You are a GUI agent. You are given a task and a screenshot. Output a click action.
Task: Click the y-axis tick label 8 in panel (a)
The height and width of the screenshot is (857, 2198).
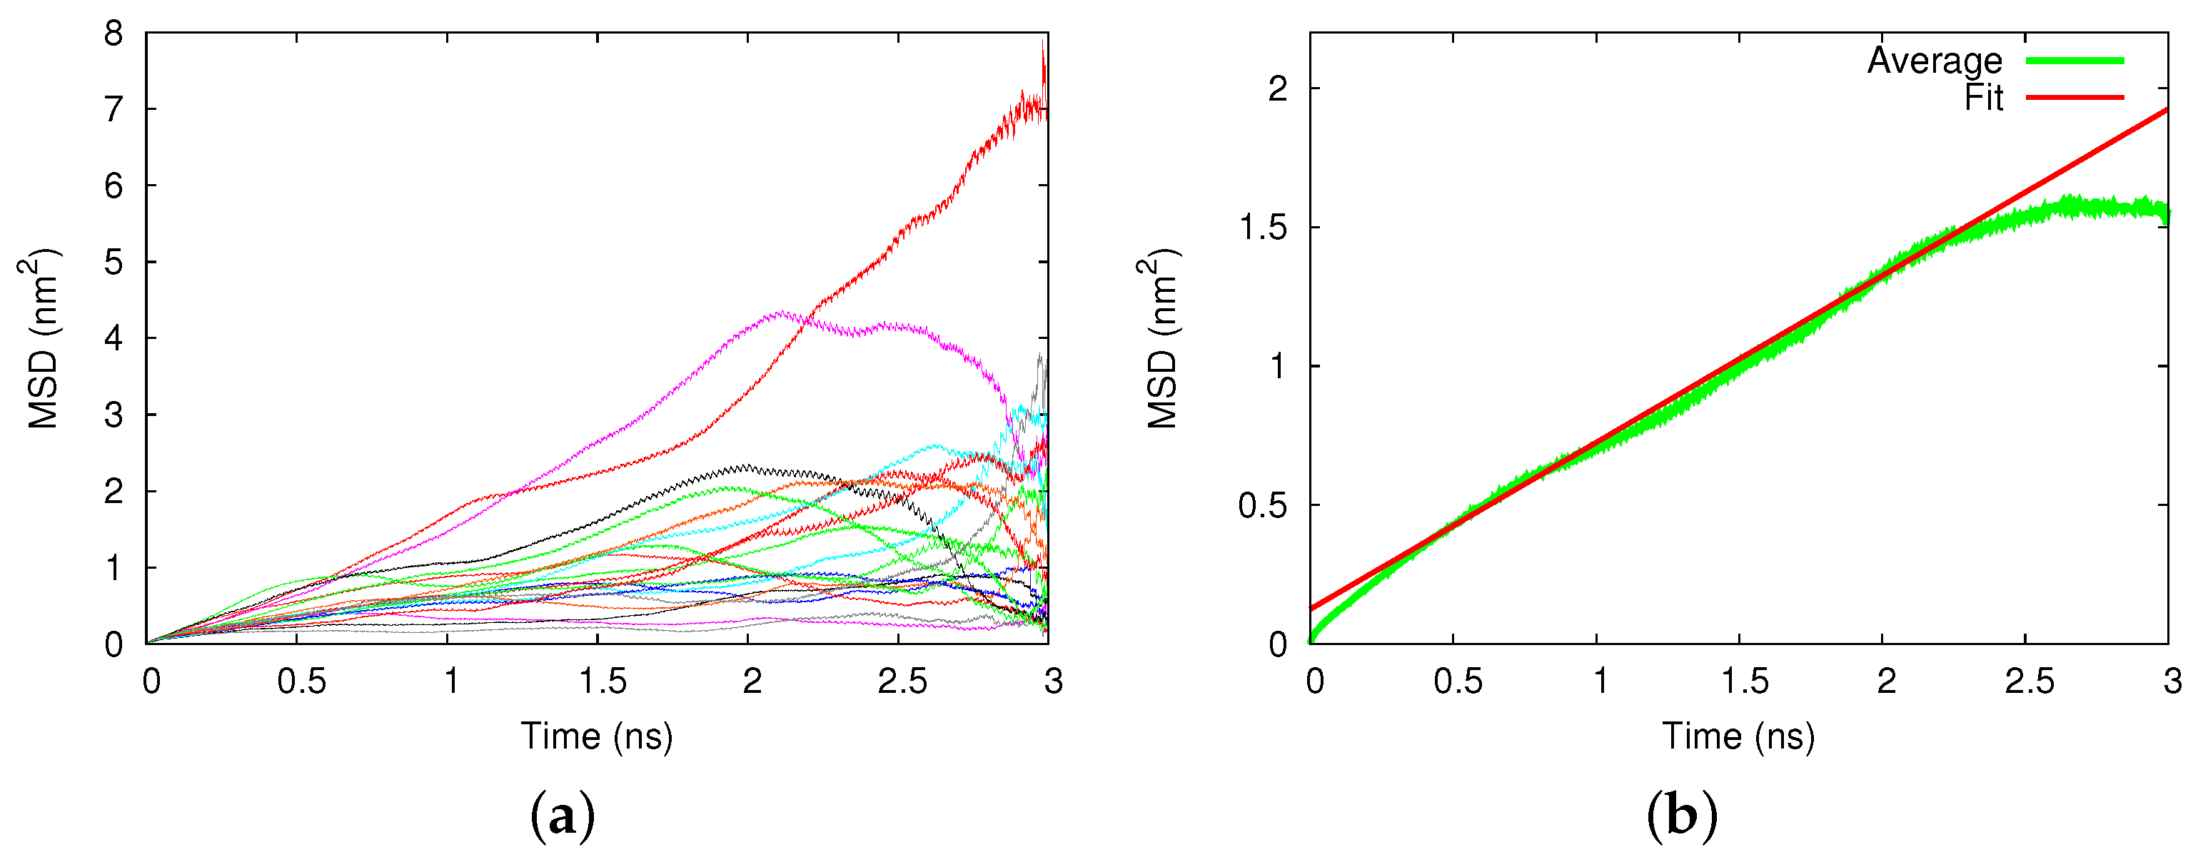114,35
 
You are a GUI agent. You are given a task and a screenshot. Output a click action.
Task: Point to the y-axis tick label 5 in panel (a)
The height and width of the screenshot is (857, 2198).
114,263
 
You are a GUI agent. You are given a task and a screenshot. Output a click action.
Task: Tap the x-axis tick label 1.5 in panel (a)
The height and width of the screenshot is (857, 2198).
603,681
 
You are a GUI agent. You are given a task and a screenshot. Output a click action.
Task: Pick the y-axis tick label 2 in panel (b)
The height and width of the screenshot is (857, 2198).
1277,88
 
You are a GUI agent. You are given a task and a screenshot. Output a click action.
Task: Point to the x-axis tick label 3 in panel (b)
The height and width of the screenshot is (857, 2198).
2172,681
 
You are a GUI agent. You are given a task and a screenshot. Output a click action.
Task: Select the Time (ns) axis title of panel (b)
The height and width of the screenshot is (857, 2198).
1738,736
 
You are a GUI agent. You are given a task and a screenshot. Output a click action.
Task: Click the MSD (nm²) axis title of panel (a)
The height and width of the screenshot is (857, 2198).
43,338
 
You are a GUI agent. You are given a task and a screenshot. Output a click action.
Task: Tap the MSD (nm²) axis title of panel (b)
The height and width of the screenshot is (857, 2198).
1162,338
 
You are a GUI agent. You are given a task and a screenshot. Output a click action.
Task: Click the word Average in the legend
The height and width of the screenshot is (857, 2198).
1935,61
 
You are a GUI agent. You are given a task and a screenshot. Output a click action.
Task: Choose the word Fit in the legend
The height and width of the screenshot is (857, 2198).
1983,98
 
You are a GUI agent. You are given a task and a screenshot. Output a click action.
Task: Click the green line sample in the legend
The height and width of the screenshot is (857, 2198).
2075,61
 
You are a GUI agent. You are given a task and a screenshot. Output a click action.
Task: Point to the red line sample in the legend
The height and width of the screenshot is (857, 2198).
2075,98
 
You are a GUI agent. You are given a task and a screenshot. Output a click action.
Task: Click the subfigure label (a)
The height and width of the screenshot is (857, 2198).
563,816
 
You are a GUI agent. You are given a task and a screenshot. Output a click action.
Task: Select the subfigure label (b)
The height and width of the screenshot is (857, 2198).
1682,816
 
